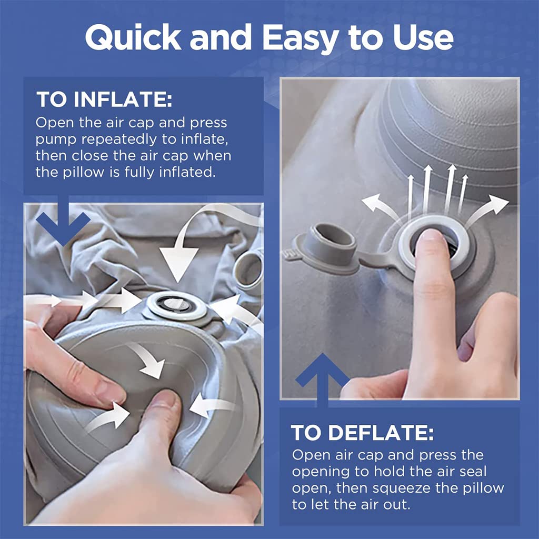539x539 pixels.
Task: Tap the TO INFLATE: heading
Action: tap(104, 99)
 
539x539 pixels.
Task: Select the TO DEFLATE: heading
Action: tap(363, 433)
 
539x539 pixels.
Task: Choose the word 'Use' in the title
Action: tap(421, 38)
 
